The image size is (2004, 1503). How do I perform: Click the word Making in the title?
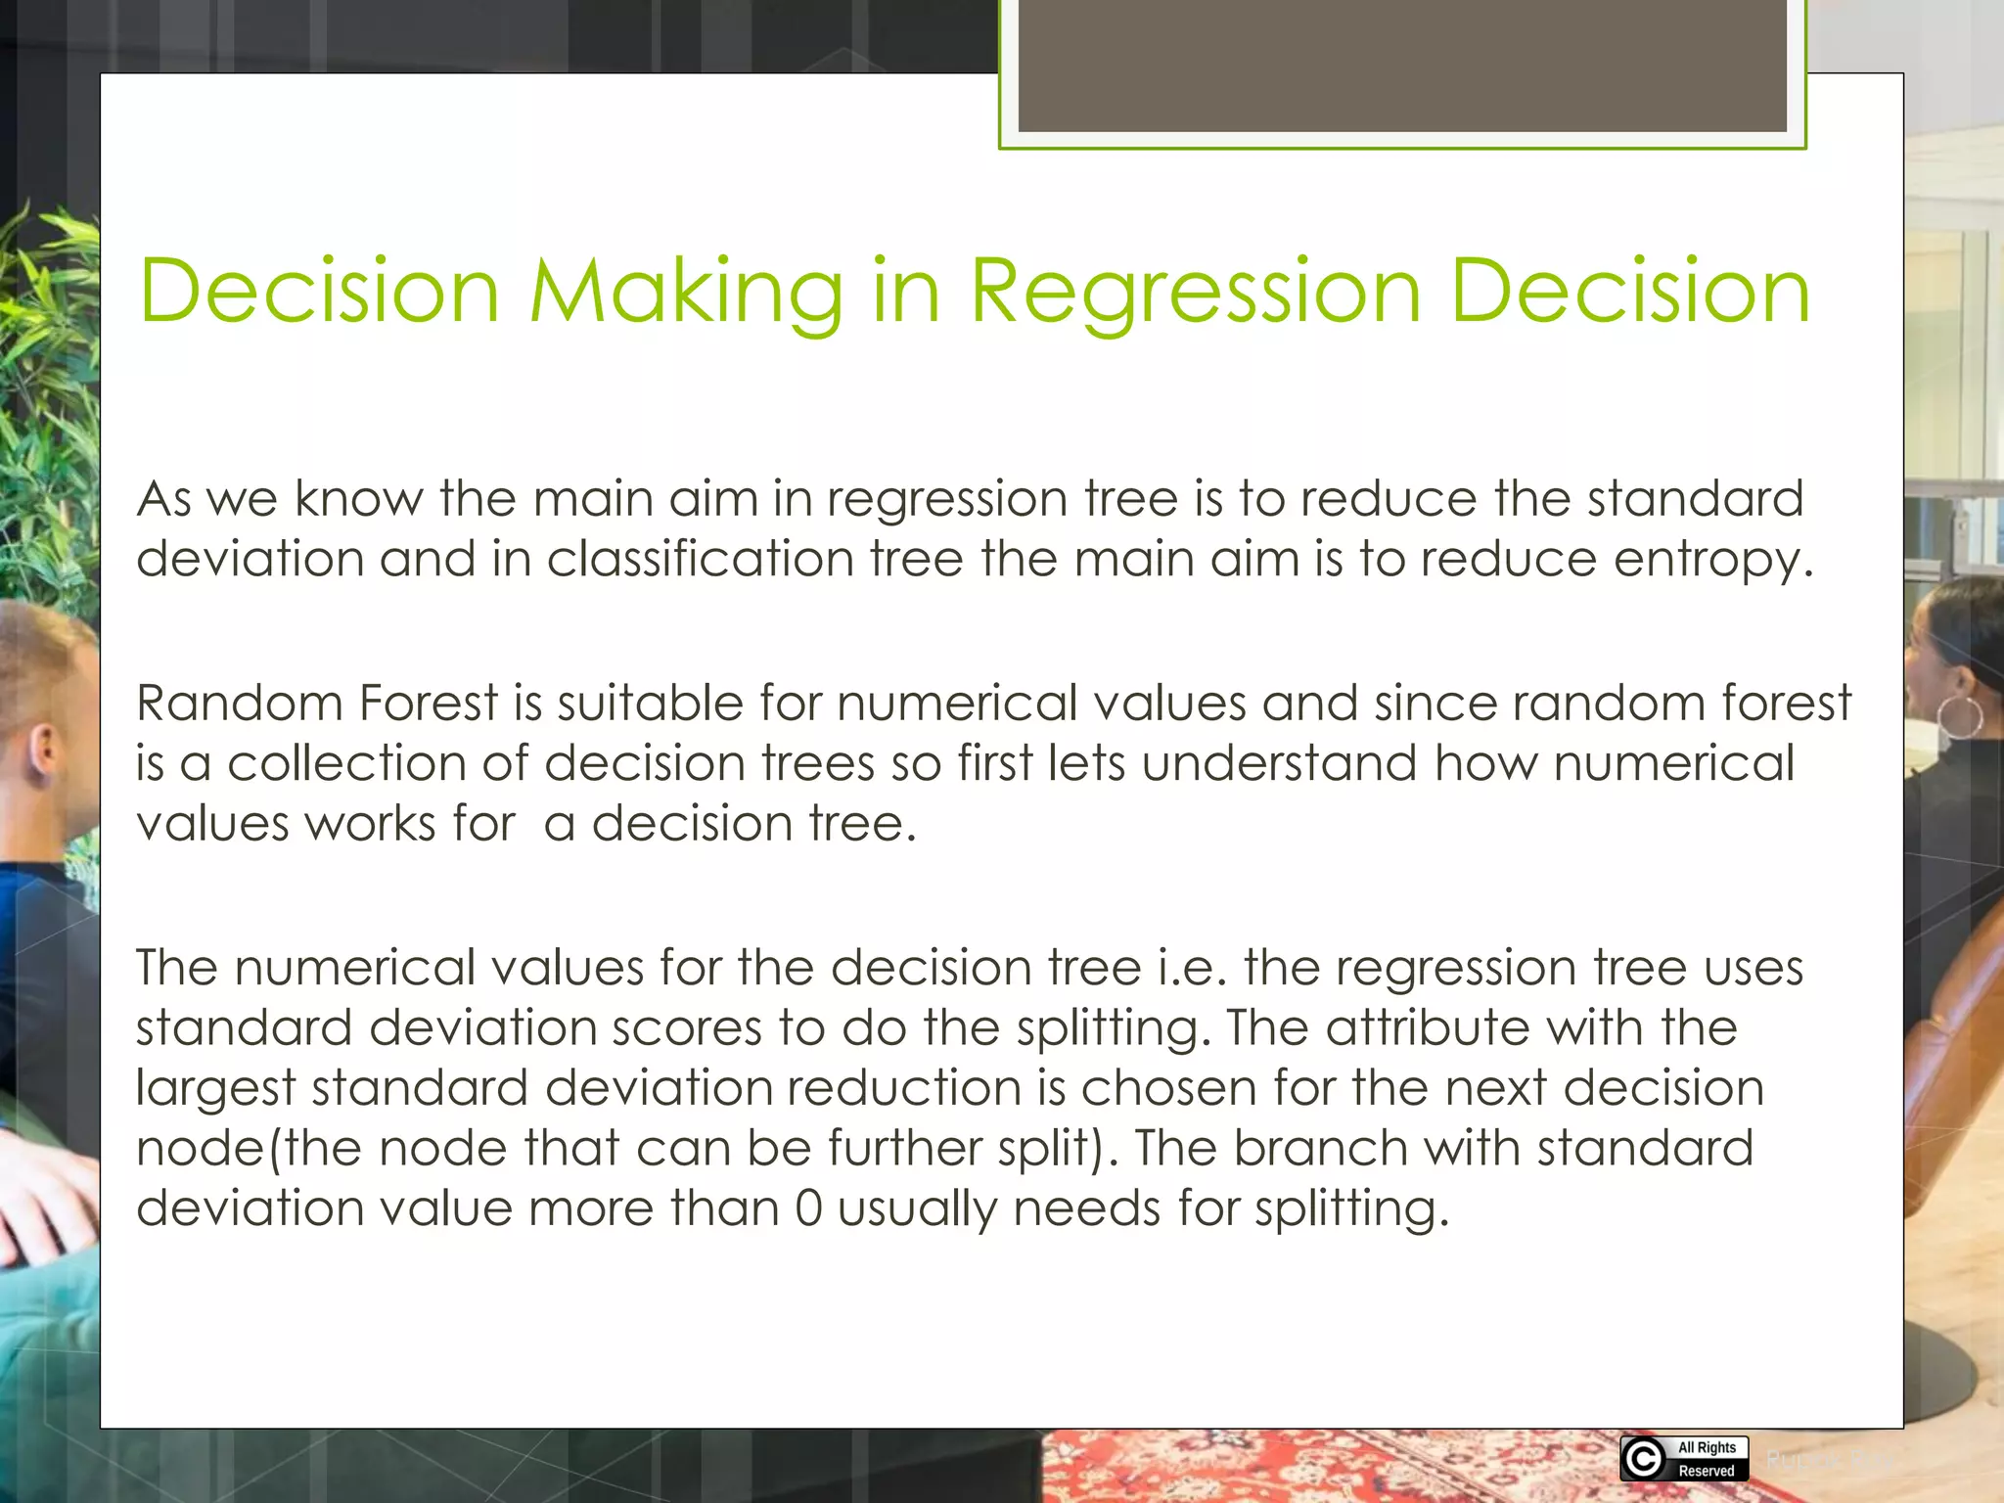coord(685,292)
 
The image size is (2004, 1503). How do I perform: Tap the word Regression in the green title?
coord(1195,292)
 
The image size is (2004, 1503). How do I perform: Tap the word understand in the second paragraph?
coord(1278,763)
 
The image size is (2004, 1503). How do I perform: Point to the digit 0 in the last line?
coord(808,1208)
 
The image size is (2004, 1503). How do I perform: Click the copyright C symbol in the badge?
coord(1643,1459)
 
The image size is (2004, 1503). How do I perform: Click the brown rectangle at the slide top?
coord(1401,67)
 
